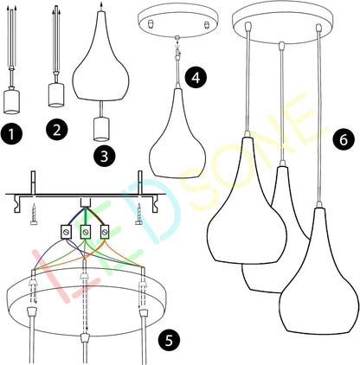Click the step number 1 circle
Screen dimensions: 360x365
pos(11,134)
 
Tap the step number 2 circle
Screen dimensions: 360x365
pos(56,130)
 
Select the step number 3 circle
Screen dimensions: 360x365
pos(105,157)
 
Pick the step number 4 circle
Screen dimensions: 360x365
pos(196,77)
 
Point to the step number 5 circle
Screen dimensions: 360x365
pos(169,340)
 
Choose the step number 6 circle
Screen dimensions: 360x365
pos(344,139)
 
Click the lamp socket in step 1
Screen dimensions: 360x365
pos(11,102)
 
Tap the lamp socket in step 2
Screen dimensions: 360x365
pos(56,95)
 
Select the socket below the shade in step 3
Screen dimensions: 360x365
pos(101,129)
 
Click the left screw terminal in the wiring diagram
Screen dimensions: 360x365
pos(66,231)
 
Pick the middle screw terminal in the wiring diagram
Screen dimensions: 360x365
pos(85,231)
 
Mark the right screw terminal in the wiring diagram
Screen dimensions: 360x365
pos(105,231)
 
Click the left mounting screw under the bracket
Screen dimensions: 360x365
pos(34,214)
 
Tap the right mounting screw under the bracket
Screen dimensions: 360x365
pos(139,214)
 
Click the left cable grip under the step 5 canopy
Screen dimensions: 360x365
pos(31,312)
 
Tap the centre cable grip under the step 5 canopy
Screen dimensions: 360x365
pos(85,338)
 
